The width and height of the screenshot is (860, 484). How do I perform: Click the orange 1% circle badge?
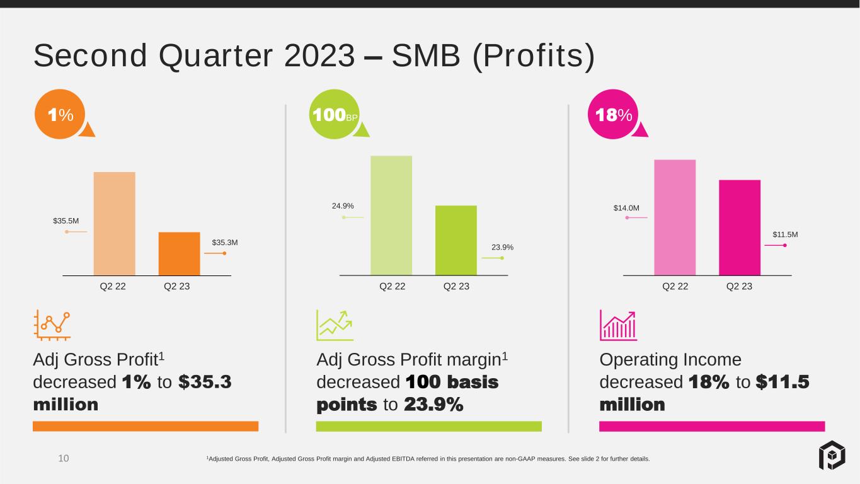60,114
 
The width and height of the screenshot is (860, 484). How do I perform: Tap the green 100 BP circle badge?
335,114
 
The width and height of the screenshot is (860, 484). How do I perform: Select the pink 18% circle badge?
613,114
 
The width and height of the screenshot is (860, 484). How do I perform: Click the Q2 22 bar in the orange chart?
115,224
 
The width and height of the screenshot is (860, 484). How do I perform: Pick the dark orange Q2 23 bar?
180,253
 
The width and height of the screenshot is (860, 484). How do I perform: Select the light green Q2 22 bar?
391,216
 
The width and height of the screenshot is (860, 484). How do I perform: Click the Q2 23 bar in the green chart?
456,241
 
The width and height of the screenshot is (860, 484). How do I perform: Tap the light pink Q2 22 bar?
675,217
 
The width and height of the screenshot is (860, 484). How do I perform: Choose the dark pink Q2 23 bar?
740,228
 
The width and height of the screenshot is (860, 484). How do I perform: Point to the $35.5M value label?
66,221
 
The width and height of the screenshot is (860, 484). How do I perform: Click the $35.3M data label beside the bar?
225,243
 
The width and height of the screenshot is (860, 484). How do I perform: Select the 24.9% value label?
343,206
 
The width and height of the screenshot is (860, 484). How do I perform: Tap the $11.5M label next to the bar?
785,234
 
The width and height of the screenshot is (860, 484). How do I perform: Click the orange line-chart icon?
52,325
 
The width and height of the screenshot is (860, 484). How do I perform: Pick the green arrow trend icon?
335,325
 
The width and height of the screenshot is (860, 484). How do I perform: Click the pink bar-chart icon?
618,325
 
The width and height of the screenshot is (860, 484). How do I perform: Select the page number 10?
64,458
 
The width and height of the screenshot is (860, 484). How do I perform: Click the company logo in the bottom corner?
832,456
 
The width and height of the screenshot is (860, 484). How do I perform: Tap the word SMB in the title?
426,55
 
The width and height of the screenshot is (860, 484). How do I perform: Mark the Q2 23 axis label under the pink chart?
739,286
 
